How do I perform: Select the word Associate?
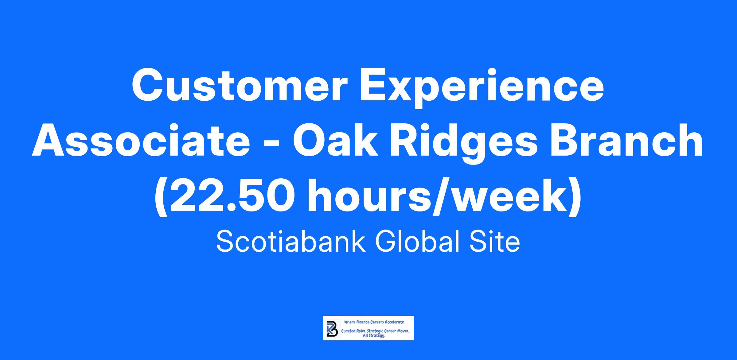click(x=141, y=141)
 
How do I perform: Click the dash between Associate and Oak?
click(x=271, y=145)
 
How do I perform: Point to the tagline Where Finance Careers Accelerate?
click(x=374, y=322)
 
